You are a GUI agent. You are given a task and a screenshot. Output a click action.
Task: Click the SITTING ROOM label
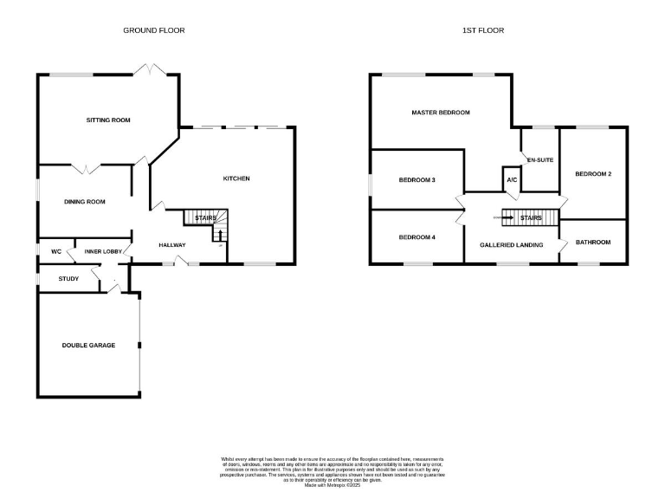(x=108, y=120)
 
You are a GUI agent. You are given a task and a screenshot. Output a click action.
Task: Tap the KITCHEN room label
(x=236, y=178)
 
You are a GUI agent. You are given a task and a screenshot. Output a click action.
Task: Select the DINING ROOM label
(x=85, y=202)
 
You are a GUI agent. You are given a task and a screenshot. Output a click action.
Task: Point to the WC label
(x=55, y=251)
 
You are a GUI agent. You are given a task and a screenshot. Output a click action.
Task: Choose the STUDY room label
(x=68, y=278)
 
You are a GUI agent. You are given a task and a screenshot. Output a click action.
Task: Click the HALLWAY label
(x=172, y=245)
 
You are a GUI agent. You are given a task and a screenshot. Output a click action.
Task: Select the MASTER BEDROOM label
(x=441, y=113)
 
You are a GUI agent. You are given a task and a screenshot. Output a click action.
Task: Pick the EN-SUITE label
(x=540, y=160)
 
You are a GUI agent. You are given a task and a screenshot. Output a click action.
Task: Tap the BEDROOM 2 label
(x=593, y=174)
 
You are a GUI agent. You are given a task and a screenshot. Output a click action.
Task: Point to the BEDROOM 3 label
(x=416, y=180)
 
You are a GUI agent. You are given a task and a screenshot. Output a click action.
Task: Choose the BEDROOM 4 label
(x=416, y=237)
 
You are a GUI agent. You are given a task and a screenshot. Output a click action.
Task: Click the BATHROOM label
(x=593, y=243)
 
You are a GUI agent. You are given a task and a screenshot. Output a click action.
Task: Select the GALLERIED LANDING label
(x=512, y=245)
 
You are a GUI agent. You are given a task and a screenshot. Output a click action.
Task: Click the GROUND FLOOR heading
(x=154, y=30)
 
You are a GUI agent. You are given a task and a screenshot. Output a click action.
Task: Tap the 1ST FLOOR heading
(x=483, y=30)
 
